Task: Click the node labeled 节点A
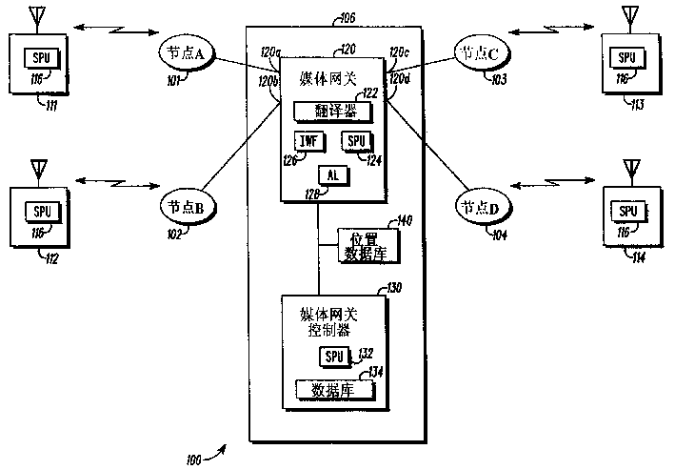click(x=188, y=56)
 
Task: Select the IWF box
click(x=308, y=142)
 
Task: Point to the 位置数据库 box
click(x=365, y=246)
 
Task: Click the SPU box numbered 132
click(x=333, y=357)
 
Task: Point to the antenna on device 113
click(x=628, y=16)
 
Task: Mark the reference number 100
click(x=193, y=459)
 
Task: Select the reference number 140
click(x=405, y=221)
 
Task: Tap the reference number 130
click(x=391, y=289)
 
